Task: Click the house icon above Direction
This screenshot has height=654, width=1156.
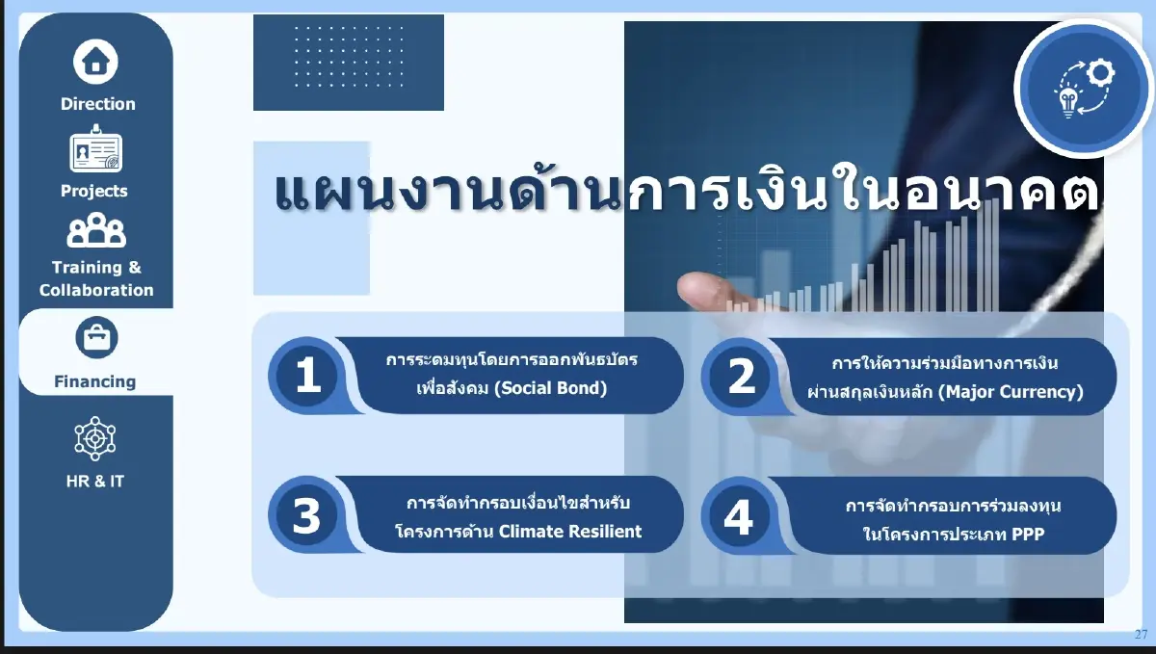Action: click(x=95, y=62)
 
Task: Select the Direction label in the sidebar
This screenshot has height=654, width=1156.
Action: click(x=97, y=104)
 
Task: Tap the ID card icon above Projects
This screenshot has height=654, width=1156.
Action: click(x=95, y=150)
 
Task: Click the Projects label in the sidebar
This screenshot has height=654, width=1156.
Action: click(x=94, y=191)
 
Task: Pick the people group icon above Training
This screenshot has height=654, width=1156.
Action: click(x=95, y=231)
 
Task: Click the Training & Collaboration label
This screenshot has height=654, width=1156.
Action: click(x=96, y=278)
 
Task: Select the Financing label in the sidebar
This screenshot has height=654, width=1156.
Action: click(x=94, y=381)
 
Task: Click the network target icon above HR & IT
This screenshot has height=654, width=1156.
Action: click(x=95, y=438)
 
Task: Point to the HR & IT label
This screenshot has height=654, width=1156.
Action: click(x=94, y=481)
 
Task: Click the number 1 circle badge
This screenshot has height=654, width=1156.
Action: click(x=308, y=376)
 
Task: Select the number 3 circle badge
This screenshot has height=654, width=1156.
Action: click(x=306, y=516)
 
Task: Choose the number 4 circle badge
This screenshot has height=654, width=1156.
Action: click(x=739, y=517)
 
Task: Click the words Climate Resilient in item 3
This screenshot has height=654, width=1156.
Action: click(x=570, y=531)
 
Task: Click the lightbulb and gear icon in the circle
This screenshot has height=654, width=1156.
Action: click(x=1083, y=89)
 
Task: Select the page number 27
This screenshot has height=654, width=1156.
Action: click(x=1141, y=634)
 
